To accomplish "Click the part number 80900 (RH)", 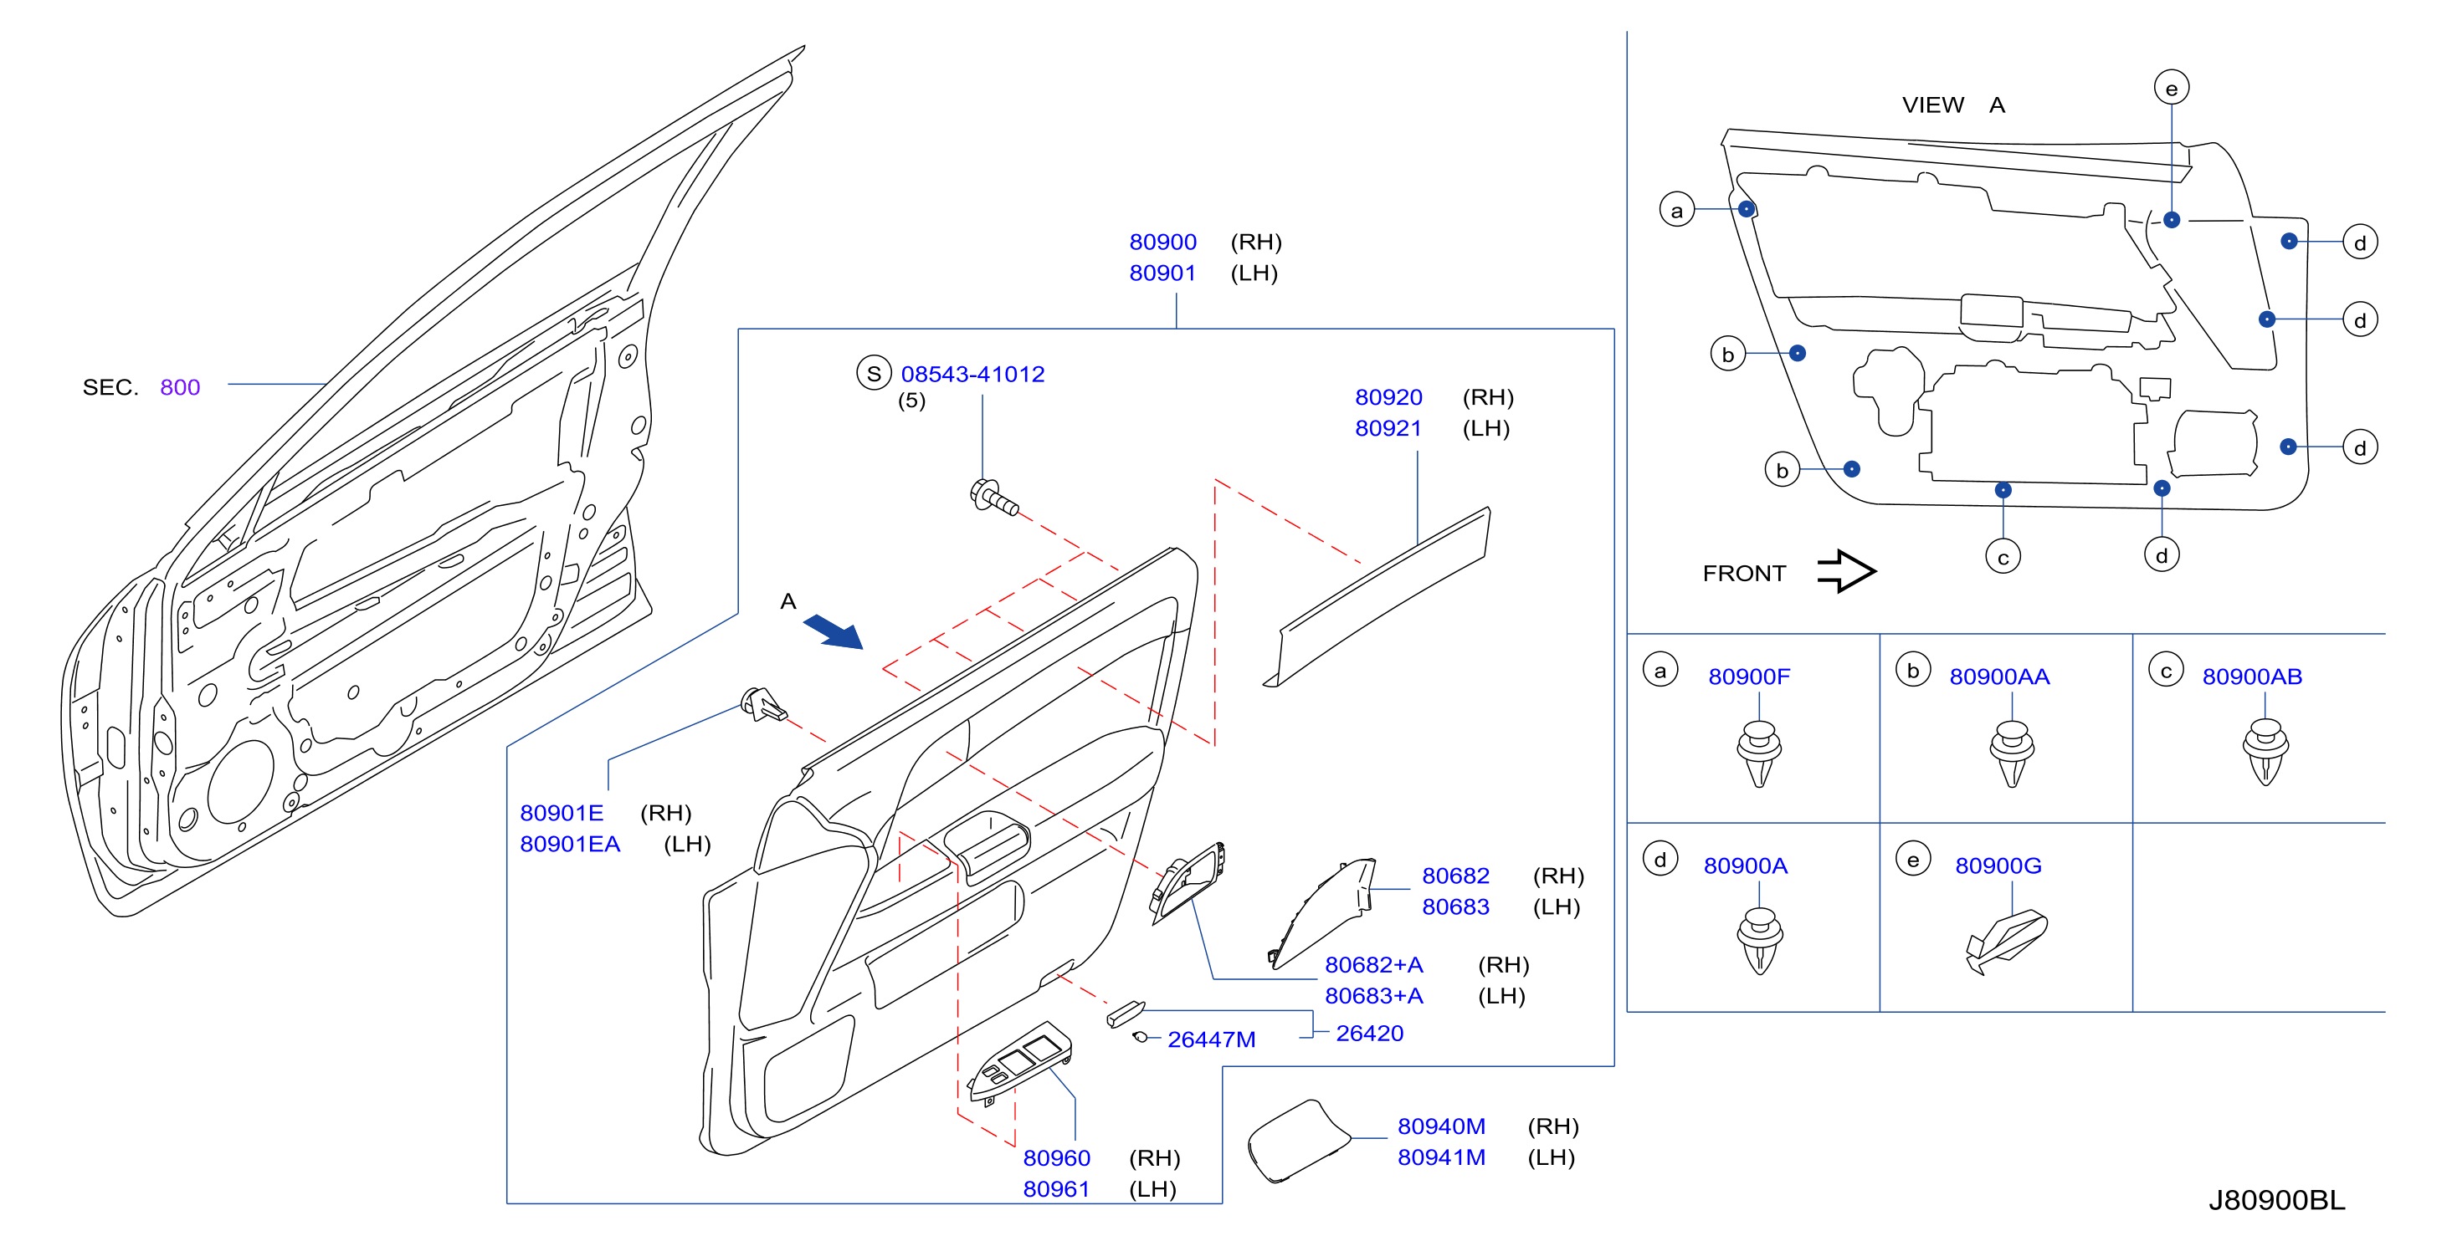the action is [x=1162, y=243].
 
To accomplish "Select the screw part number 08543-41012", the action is [x=972, y=374].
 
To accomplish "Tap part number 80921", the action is [x=1388, y=428].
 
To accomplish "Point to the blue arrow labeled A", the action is [x=833, y=631].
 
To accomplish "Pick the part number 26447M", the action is [x=1211, y=1039].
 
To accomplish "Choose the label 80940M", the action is [x=1441, y=1126].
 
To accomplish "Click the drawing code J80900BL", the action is [x=2276, y=1200].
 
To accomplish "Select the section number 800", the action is [x=181, y=387].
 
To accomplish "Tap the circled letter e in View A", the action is [x=2172, y=89].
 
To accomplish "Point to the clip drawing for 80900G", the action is [x=2005, y=942].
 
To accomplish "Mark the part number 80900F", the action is [x=1749, y=677].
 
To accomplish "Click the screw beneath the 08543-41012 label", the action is [x=993, y=497].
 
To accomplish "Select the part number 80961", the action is [x=1056, y=1189].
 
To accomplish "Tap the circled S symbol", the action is [x=874, y=373].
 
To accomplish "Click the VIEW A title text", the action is [x=1953, y=105].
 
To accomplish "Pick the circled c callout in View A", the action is [x=2003, y=557].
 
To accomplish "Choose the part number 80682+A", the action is [x=1373, y=965].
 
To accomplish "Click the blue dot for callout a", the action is [x=1746, y=209].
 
